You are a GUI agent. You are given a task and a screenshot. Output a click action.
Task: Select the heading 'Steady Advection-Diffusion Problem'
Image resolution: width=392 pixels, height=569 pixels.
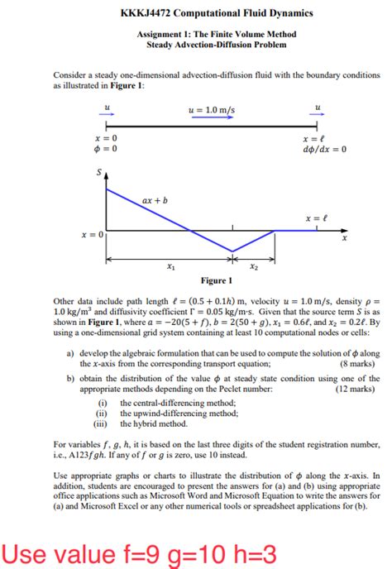[x=216, y=45]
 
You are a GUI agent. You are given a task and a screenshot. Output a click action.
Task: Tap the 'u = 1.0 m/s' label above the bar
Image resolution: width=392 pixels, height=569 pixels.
[x=212, y=111]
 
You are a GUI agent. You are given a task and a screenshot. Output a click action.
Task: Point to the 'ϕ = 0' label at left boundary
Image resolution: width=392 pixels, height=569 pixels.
[x=105, y=150]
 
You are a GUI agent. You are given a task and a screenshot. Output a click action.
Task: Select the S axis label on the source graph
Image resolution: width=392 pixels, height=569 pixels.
[x=100, y=173]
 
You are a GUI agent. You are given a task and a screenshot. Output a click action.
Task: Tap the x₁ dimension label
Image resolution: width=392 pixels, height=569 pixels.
[x=170, y=267]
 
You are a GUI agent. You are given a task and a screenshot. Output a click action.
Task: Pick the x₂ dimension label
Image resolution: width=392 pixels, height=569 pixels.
[x=254, y=267]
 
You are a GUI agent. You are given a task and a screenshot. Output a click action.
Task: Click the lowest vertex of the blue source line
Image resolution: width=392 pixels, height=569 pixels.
[x=232, y=251]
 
